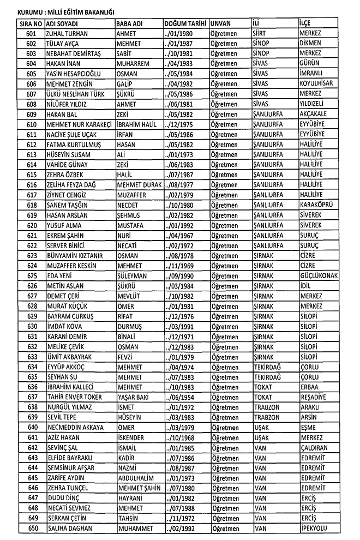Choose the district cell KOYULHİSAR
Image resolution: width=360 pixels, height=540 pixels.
pos(316,83)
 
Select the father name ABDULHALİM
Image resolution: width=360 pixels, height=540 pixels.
pos(136,477)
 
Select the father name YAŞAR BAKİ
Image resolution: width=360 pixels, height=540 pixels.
pos(134,397)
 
